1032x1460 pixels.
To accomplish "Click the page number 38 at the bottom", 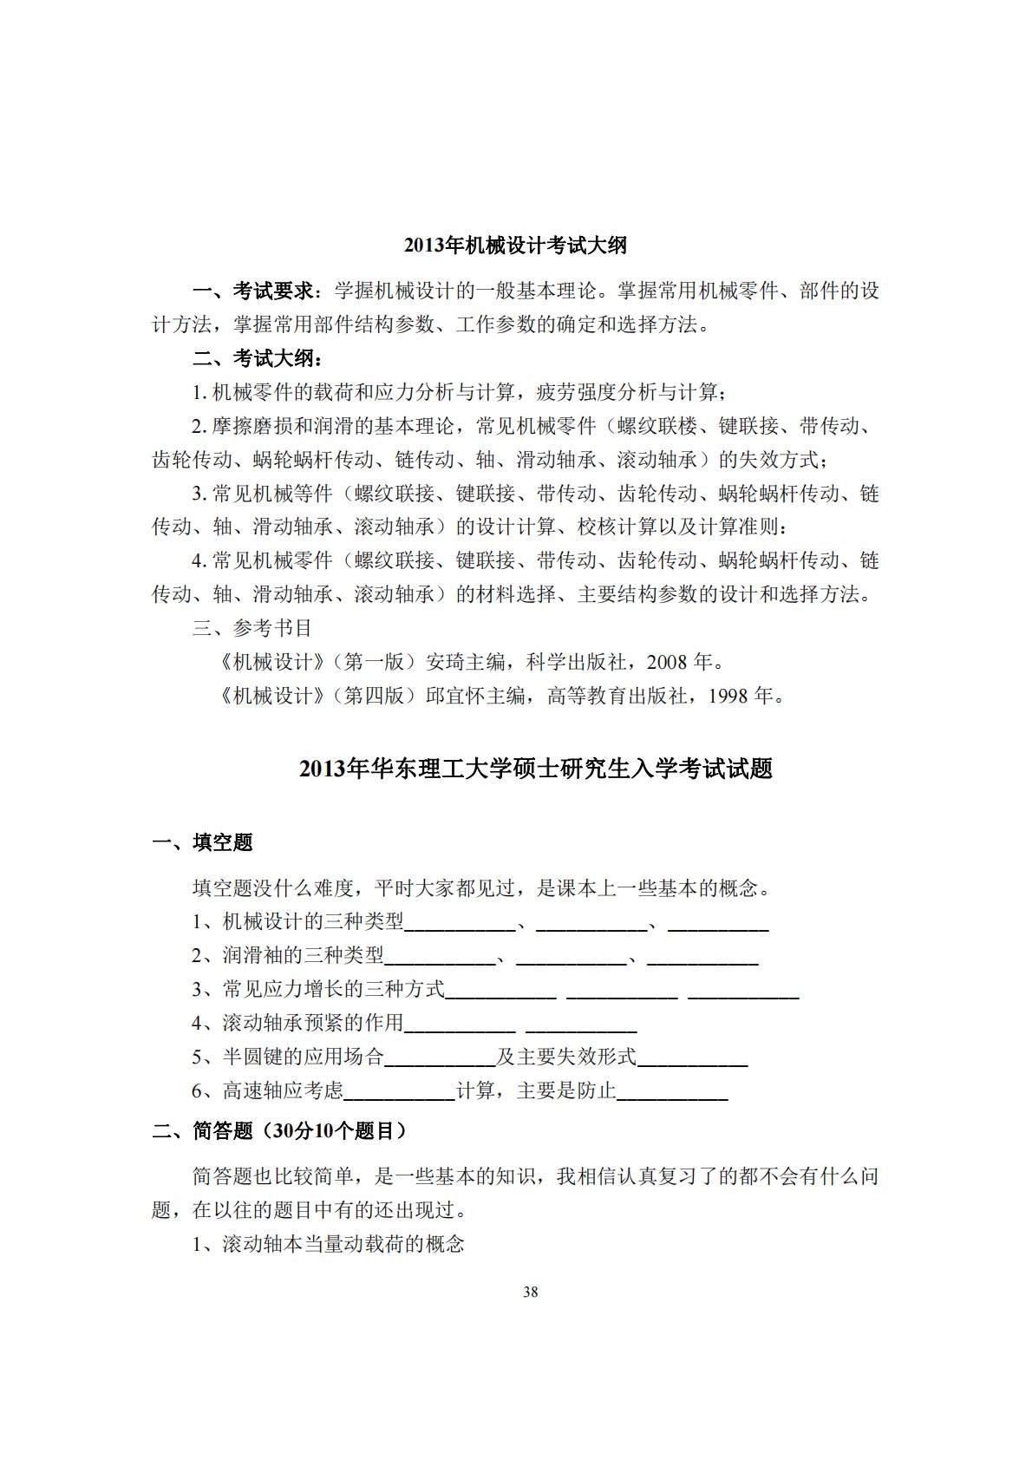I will pos(531,1292).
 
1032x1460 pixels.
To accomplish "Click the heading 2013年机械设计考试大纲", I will pos(515,246).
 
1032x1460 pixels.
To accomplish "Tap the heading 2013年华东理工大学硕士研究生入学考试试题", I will pos(535,769).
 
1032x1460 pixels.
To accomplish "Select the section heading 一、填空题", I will pos(203,842).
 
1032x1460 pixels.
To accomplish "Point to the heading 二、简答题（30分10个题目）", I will pos(279,1130).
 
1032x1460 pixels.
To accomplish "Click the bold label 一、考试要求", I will pos(256,291).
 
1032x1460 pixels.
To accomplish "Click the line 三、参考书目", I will pos(251,628).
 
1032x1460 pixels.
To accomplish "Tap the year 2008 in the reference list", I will pos(667,663).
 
